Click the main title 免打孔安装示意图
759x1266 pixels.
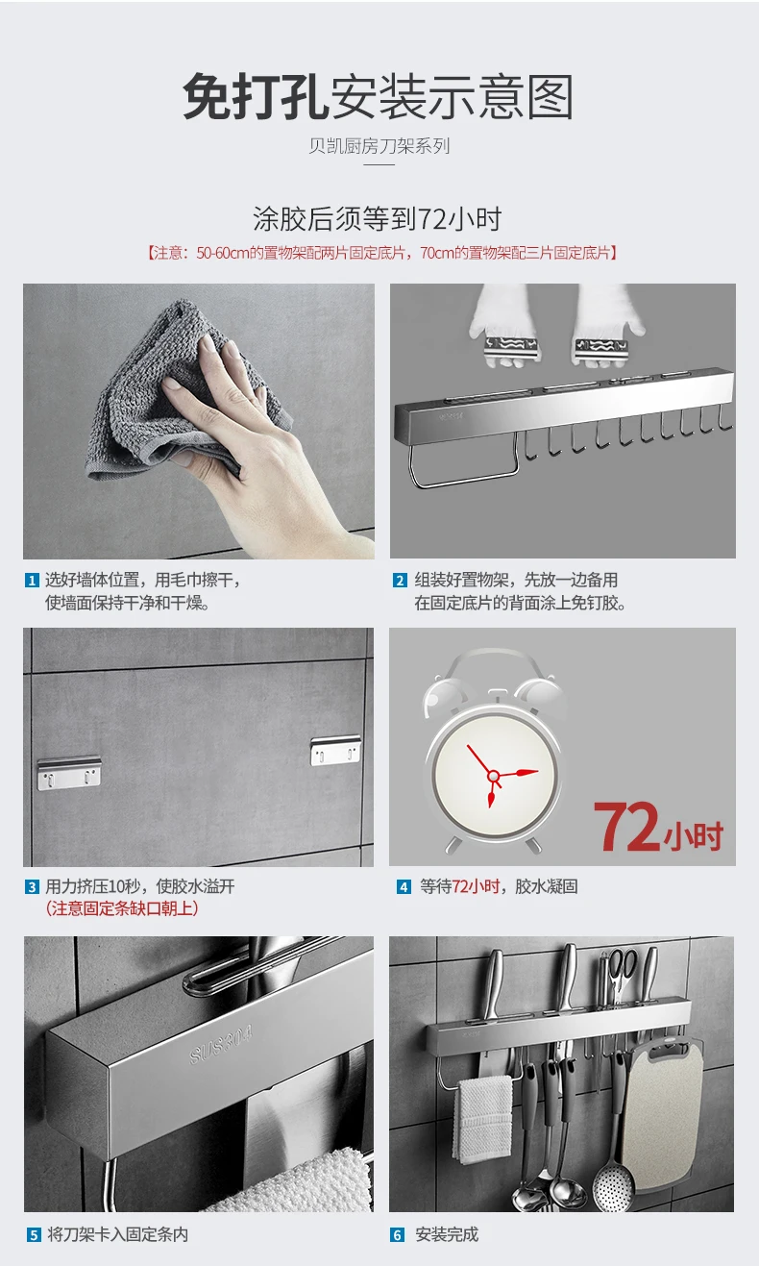(x=379, y=97)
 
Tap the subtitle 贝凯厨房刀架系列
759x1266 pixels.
(x=379, y=146)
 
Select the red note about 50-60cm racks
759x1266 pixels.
(x=380, y=253)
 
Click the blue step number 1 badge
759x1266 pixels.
(x=32, y=581)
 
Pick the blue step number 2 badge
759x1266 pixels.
(x=400, y=581)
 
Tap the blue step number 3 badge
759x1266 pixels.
(x=33, y=886)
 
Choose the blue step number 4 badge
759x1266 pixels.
(x=404, y=886)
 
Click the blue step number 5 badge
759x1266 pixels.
(x=34, y=1235)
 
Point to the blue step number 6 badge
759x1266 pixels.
(x=397, y=1235)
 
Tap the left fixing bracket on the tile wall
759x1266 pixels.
(x=69, y=773)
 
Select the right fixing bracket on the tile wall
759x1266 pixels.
(x=335, y=750)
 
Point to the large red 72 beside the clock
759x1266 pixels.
(x=625, y=827)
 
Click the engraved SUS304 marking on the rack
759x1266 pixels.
(x=221, y=1045)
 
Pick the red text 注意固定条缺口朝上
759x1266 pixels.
(x=122, y=908)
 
